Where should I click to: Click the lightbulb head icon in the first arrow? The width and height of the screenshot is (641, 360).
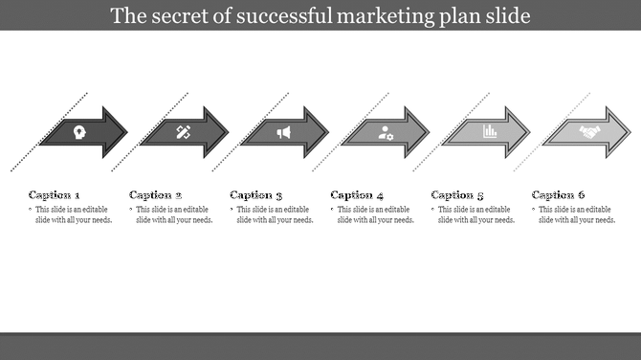pos(78,132)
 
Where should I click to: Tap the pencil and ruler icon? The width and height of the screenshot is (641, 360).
pos(184,132)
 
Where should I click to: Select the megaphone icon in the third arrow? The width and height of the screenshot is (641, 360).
pos(284,132)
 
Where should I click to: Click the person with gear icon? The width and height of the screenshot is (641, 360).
pos(386,133)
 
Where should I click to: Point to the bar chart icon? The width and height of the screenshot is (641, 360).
pos(489,131)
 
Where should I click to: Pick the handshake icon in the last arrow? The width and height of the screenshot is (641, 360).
pos(589,132)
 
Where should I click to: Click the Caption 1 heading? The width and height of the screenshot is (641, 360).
pos(55,194)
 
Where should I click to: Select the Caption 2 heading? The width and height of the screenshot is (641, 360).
pos(155,194)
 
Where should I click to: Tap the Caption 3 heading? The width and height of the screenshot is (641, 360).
pos(256,194)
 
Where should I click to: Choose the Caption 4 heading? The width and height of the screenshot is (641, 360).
pos(357,194)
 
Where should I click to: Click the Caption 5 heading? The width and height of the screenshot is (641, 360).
pos(458,194)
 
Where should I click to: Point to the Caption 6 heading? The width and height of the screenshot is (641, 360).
pos(559,194)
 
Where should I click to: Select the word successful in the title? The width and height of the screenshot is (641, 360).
pos(276,16)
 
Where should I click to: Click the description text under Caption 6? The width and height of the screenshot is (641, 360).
pos(575,214)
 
